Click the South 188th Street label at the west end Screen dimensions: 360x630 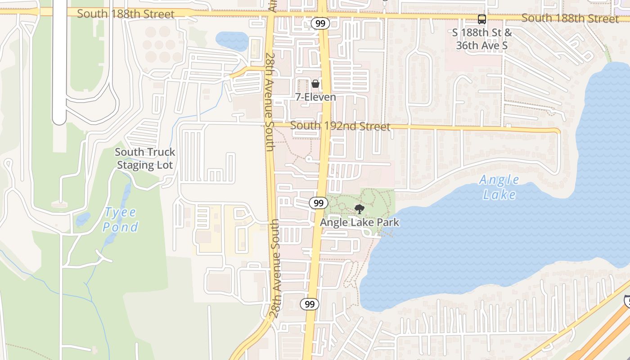coord(126,14)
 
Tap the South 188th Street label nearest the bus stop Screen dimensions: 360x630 coord(570,18)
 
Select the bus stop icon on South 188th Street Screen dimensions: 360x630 coord(482,19)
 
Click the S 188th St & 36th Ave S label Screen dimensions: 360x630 coord(484,39)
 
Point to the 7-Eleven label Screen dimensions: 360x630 coord(315,97)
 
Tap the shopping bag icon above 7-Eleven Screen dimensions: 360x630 coord(315,84)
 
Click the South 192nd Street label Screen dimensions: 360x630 coord(340,126)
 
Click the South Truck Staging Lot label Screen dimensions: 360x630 coord(145,158)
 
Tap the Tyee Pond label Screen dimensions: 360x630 coord(120,220)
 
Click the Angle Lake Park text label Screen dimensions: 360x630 coord(359,222)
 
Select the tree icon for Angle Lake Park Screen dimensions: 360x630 coord(359,209)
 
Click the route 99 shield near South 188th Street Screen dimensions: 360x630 coord(320,23)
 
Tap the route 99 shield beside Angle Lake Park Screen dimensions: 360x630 coord(319,203)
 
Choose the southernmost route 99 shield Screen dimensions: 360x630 coord(310,305)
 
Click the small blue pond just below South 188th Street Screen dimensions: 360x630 coord(232,40)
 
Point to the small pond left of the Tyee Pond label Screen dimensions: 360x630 coord(83,219)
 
